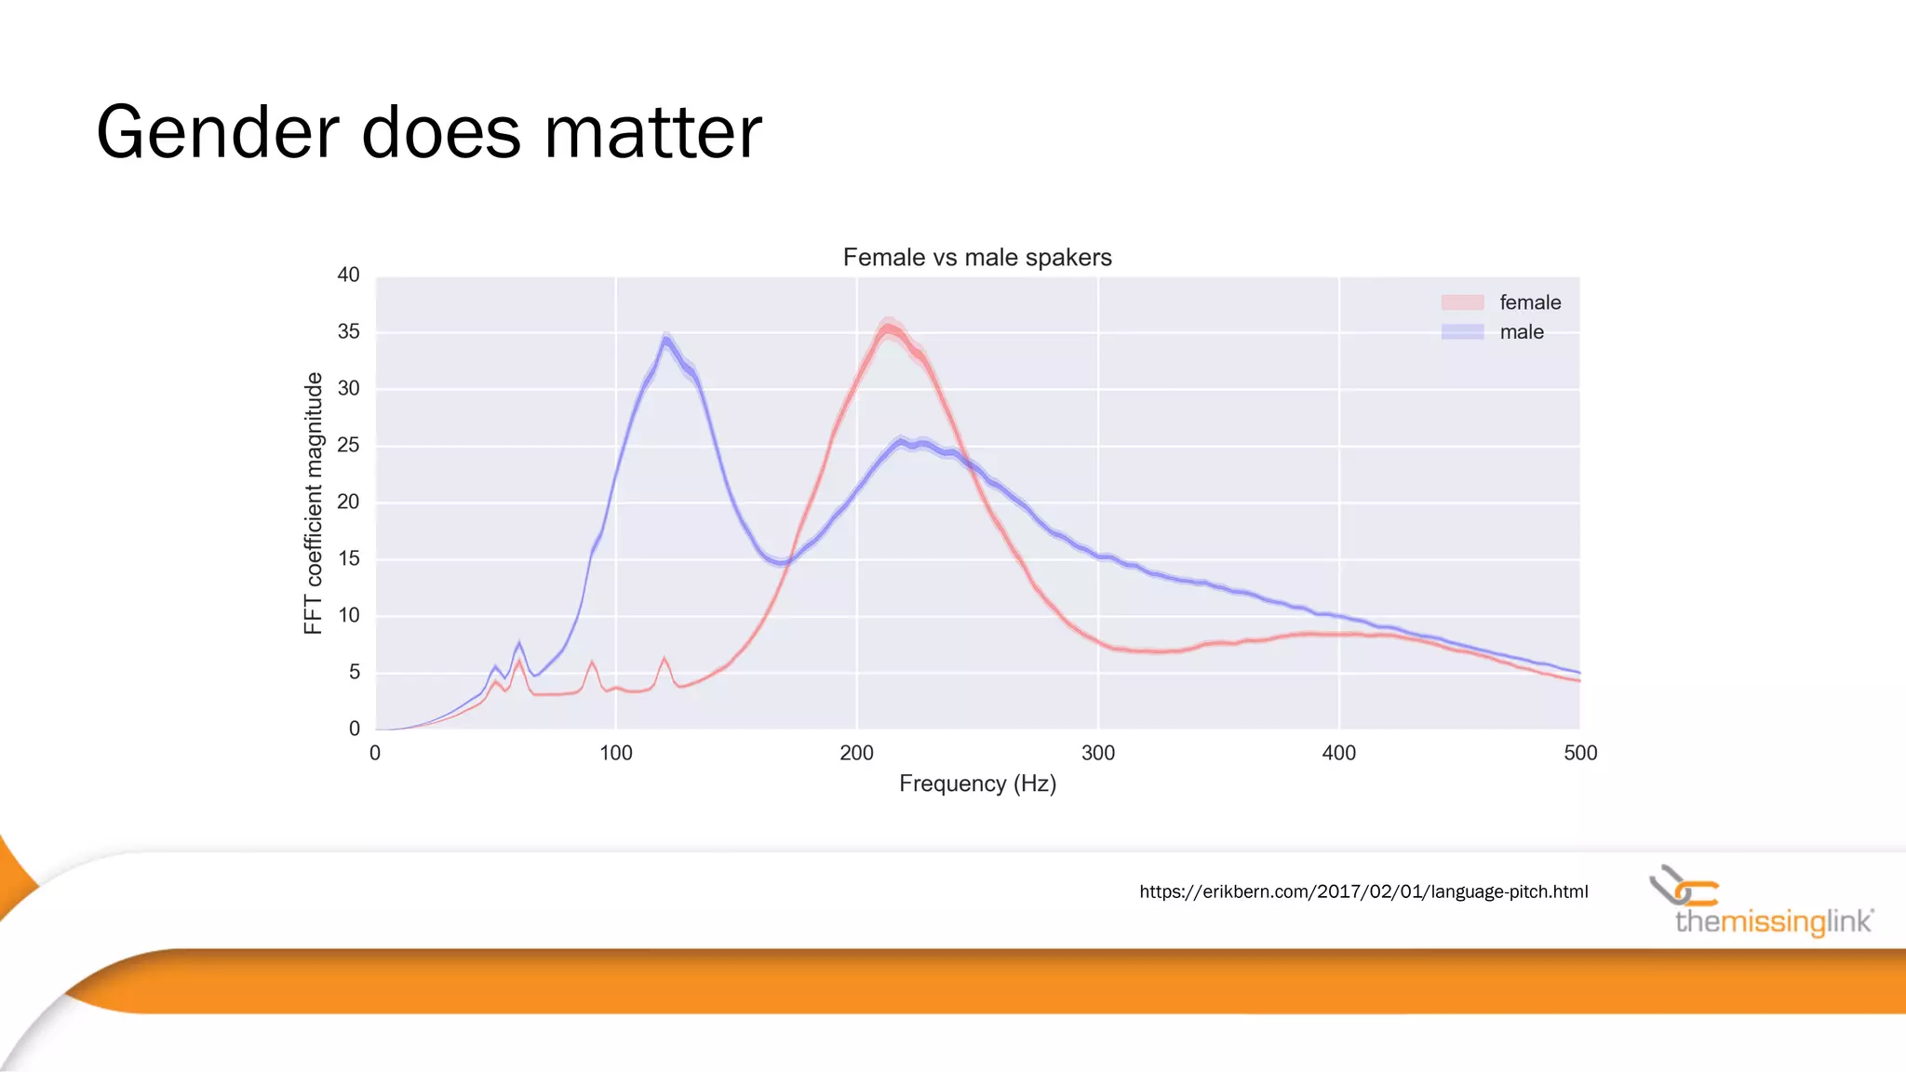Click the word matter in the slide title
click(x=652, y=132)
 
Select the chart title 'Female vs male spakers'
click(x=977, y=258)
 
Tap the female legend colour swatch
click(x=1462, y=302)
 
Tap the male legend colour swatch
click(x=1462, y=332)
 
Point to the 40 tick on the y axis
click(x=348, y=275)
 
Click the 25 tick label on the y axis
click(x=348, y=445)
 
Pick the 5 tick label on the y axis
click(x=354, y=672)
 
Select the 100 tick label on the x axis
click(x=615, y=753)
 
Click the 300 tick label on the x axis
click(x=1098, y=753)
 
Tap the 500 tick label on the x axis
click(x=1580, y=753)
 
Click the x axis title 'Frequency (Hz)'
click(x=977, y=784)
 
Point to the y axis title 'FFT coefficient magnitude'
click(x=314, y=502)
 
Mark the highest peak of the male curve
click(x=665, y=339)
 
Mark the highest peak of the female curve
click(x=889, y=327)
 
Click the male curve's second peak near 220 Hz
click(x=901, y=441)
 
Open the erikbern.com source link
click(x=1363, y=891)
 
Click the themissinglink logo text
click(x=1773, y=921)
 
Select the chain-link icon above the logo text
click(x=1683, y=886)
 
